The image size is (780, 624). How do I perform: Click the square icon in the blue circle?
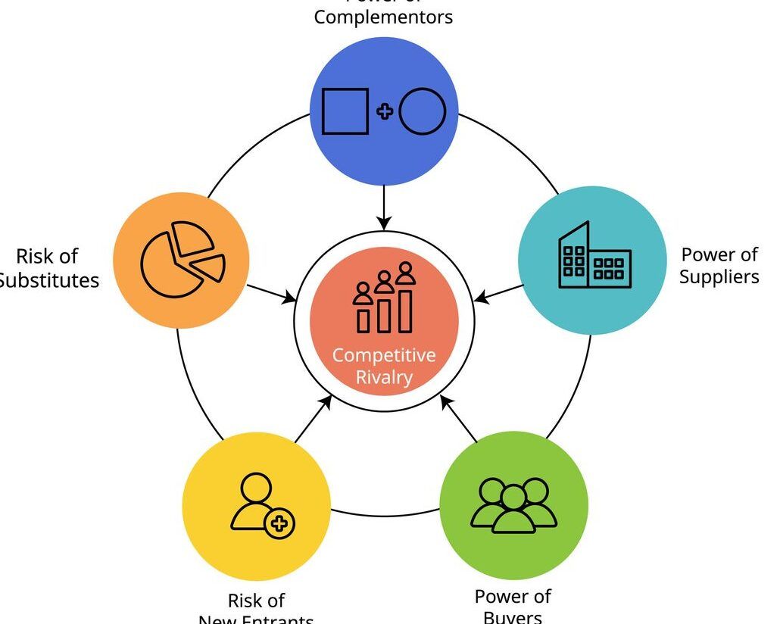345,111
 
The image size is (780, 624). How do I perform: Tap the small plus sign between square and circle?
385,111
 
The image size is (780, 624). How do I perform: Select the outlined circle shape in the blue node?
423,111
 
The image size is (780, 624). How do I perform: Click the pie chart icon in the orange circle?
183,259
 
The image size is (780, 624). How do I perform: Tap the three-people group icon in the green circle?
513,505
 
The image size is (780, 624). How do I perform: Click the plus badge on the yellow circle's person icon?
280,523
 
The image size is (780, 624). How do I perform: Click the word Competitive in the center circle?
384,355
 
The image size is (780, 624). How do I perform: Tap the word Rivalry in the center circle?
384,377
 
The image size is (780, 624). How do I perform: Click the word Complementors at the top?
383,17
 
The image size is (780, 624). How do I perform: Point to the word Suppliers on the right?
719,276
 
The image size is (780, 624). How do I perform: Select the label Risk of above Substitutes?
47,256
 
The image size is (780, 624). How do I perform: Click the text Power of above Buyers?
513,596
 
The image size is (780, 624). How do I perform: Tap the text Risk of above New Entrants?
256,601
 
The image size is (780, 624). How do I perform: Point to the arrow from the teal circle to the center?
498,294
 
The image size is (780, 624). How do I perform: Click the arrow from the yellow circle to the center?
313,419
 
